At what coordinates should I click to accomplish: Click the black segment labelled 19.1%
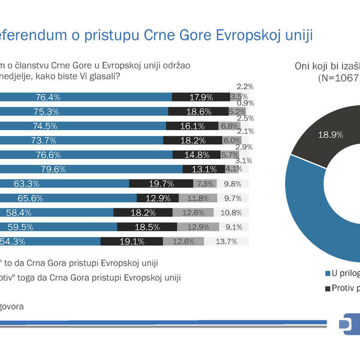[132, 241]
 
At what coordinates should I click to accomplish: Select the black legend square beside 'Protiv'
[326, 288]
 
